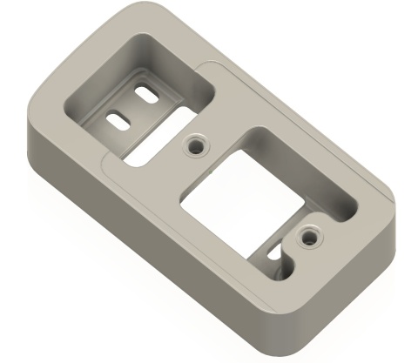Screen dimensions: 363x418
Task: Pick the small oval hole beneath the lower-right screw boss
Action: [280, 259]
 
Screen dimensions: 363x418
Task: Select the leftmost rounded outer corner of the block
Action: [31, 131]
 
